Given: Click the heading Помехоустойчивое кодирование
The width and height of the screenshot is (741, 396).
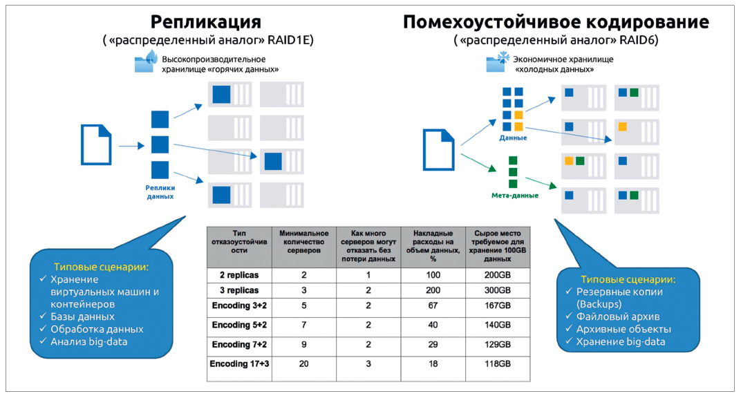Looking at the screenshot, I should [x=556, y=21].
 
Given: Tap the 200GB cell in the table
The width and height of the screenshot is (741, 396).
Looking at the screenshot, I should [x=498, y=275].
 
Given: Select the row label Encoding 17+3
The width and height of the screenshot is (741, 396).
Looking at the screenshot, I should [x=239, y=364].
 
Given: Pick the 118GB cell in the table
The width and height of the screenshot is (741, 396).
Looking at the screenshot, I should [x=498, y=364].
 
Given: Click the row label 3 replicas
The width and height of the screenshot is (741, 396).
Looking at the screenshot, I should [x=239, y=290].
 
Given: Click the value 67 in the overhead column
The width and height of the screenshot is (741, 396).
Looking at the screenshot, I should [x=434, y=305].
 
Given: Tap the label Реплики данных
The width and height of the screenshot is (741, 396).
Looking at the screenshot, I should [x=160, y=191].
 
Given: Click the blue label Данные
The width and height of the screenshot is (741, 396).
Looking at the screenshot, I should [x=513, y=138].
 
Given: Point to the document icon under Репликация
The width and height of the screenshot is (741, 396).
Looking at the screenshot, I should [x=96, y=145].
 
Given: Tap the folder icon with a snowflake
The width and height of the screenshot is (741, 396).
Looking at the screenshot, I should [x=498, y=63].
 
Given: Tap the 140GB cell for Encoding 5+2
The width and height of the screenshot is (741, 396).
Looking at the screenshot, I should [x=498, y=325].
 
